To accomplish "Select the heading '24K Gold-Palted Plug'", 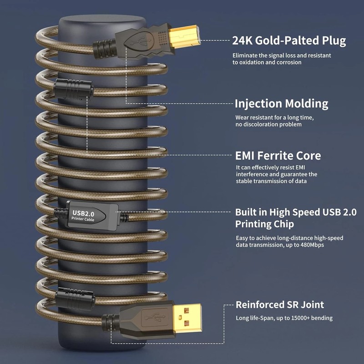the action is pyautogui.click(x=289, y=40).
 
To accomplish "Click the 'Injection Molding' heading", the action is pyautogui.click(x=281, y=104).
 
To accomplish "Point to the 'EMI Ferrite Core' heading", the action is pyautogui.click(x=278, y=156).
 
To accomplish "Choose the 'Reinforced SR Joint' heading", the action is pyautogui.click(x=280, y=304).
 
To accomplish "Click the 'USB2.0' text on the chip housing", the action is pyautogui.click(x=83, y=213).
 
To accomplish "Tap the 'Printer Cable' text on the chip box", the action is pyautogui.click(x=83, y=219).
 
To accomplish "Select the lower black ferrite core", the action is pyautogui.click(x=75, y=298).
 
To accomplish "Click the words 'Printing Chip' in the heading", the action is pyautogui.click(x=264, y=224).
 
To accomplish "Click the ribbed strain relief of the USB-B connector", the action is pyautogui.click(x=104, y=49).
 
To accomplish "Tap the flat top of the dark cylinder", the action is pyautogui.click(x=102, y=19).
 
